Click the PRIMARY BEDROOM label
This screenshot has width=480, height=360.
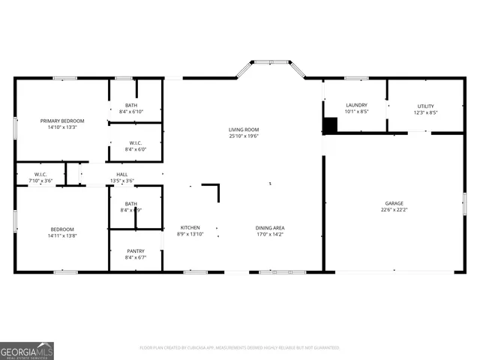(x=62, y=121)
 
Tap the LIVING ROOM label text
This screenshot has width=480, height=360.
(x=244, y=130)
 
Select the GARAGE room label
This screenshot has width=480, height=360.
(x=394, y=203)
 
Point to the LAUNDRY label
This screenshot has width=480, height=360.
(x=355, y=106)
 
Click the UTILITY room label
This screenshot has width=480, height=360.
(x=425, y=106)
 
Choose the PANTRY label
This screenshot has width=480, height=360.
(x=136, y=251)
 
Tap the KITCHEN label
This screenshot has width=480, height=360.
(x=190, y=227)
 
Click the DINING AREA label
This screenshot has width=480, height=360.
(x=269, y=227)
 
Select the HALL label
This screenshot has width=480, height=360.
(x=121, y=174)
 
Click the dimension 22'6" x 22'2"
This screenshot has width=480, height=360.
(x=394, y=210)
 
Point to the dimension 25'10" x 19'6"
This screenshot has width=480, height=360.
(x=244, y=136)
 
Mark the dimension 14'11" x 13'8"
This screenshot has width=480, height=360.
(x=62, y=235)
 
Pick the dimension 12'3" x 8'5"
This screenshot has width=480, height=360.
(x=425, y=112)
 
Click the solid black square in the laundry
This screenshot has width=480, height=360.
(x=330, y=125)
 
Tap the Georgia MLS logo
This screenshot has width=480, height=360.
(x=27, y=350)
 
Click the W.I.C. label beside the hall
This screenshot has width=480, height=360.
(x=40, y=174)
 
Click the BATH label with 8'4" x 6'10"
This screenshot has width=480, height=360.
(x=131, y=105)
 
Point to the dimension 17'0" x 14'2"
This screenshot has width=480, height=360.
(x=269, y=234)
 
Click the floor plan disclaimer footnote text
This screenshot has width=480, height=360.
(x=240, y=347)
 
